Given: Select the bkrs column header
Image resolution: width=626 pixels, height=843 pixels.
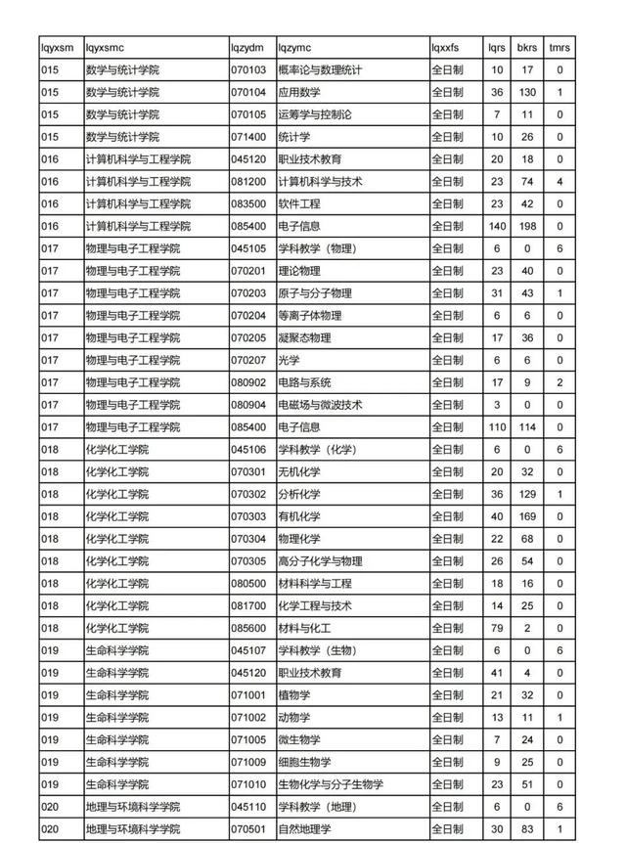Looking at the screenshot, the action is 527,47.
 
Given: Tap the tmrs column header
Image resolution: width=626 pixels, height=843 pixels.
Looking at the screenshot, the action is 559,47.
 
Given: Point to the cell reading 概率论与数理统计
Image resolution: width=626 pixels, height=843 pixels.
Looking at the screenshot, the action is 320,69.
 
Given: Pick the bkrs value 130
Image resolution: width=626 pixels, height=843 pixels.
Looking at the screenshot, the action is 527,92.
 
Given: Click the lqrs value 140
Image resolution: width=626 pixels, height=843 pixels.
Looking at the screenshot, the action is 497,227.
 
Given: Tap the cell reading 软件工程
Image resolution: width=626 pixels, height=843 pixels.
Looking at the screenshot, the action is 299,204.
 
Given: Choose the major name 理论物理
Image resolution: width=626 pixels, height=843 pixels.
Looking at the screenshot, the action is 299,271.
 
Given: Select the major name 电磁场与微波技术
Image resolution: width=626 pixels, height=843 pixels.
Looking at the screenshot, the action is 320,405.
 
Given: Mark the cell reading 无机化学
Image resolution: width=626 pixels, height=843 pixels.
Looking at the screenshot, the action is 299,471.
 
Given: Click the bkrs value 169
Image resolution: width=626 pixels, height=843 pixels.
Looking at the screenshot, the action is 527,516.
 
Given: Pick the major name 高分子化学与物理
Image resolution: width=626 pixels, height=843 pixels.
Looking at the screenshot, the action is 320,561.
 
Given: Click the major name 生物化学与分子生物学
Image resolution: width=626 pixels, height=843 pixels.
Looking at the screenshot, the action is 331,784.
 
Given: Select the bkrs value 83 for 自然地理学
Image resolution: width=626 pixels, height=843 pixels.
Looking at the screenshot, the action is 527,829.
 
